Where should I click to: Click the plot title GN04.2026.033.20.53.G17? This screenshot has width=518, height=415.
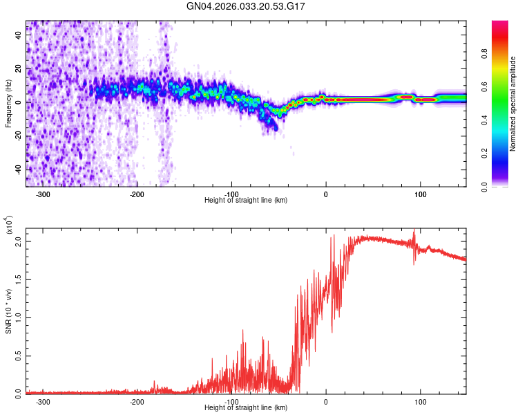(x=246, y=6)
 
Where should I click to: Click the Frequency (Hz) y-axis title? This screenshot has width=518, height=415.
(x=8, y=104)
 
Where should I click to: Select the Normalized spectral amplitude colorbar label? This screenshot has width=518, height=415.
(x=513, y=104)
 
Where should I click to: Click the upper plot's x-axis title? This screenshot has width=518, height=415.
(x=246, y=200)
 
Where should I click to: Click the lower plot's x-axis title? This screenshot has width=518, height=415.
(x=246, y=407)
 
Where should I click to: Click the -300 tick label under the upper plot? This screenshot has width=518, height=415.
(x=43, y=194)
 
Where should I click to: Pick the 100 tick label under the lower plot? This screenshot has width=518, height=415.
(x=419, y=401)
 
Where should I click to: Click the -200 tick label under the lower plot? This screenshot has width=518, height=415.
(x=137, y=401)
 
